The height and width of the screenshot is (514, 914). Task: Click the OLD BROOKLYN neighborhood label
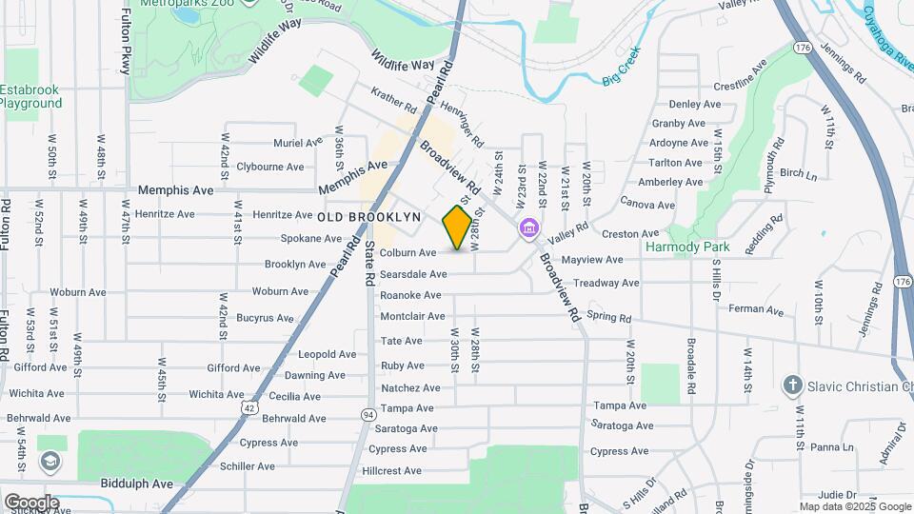point(369,218)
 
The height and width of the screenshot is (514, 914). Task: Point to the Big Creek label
point(622,68)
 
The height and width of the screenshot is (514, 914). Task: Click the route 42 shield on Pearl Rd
point(248,406)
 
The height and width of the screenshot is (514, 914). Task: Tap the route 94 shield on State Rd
point(368,414)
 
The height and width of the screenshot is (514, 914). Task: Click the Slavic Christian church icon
point(791,385)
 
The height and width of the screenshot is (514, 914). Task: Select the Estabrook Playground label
point(30,96)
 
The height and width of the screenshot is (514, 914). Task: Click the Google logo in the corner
point(30,502)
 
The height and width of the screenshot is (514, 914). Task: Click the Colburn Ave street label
point(407,253)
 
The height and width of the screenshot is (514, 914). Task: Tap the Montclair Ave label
point(412,316)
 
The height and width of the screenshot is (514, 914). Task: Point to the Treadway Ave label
point(606,283)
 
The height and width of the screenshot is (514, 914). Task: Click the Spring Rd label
point(608,315)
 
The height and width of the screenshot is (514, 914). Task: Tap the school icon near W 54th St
point(48,462)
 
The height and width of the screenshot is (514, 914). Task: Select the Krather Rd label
point(395,102)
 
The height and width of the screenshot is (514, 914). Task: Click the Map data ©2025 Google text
point(854,506)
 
